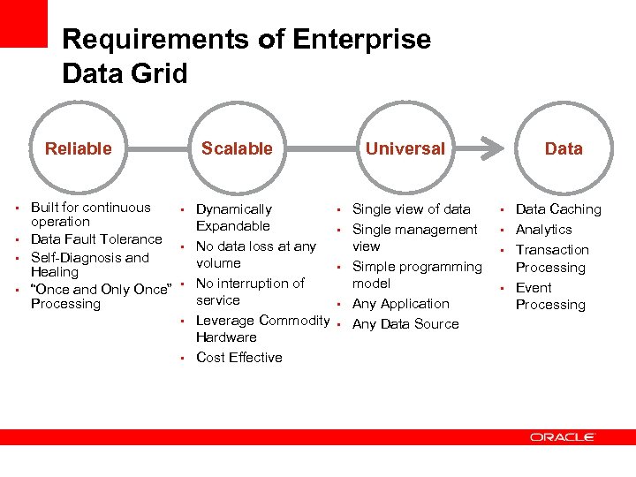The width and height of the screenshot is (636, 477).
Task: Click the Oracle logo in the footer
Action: click(563, 436)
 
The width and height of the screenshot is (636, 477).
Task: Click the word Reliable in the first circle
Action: click(79, 148)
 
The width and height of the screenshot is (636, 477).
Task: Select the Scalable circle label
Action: click(237, 148)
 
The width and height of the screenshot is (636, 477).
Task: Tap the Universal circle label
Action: click(405, 148)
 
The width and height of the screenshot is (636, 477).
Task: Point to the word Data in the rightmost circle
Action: click(564, 148)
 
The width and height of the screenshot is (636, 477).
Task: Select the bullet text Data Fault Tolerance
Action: click(96, 238)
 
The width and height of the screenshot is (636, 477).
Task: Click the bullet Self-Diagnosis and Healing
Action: click(89, 265)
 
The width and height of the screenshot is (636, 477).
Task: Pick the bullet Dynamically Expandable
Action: click(233, 217)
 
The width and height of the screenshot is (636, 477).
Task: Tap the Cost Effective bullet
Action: click(238, 357)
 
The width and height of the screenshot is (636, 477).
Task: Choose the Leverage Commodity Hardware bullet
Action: click(261, 329)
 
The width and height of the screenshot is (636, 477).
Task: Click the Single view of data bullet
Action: click(411, 208)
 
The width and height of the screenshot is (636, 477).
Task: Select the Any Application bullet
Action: click(400, 303)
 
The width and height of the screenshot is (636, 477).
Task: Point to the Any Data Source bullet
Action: click(405, 323)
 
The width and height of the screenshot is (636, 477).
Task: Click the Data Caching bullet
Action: click(557, 208)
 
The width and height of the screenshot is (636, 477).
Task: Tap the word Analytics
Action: click(543, 229)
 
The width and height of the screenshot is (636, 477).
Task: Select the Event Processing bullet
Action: click(549, 296)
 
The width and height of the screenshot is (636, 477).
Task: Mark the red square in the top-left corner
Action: click(23, 23)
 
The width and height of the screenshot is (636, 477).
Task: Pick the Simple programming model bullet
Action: click(417, 275)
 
